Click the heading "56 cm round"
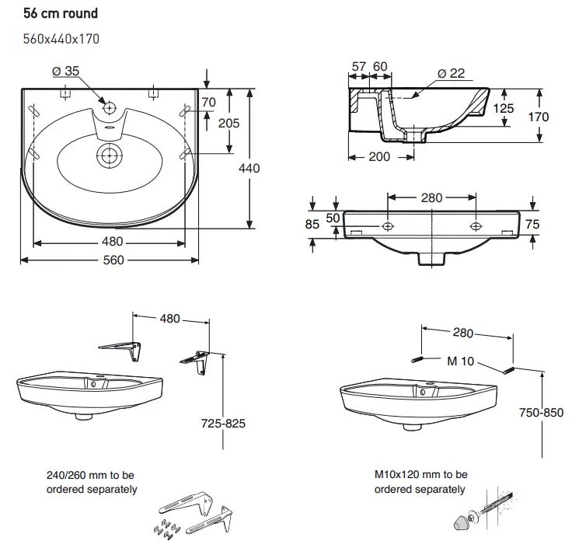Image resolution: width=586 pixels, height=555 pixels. click(x=61, y=14)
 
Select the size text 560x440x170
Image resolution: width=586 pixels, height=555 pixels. click(x=61, y=38)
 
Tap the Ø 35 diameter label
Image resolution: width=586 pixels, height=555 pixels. click(x=66, y=72)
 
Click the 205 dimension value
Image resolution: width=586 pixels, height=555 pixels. click(x=228, y=123)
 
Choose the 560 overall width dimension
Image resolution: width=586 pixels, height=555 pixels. click(x=113, y=260)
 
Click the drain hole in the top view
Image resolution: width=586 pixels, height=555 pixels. click(x=110, y=155)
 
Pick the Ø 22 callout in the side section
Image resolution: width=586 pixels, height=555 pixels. click(x=451, y=73)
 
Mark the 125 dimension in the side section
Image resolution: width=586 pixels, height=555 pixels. click(x=504, y=108)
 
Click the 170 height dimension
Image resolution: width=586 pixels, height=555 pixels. click(x=538, y=117)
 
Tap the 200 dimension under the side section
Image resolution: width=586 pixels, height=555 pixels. click(x=380, y=157)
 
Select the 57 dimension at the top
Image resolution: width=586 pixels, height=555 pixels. click(x=358, y=67)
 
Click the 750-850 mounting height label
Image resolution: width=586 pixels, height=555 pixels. click(x=542, y=413)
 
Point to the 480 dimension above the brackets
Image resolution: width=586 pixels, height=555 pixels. click(x=169, y=318)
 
